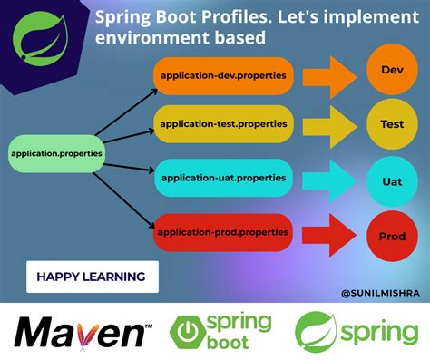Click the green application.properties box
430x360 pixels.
56,154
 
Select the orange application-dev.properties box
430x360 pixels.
222,76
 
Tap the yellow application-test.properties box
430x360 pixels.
222,123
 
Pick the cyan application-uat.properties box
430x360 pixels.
222,179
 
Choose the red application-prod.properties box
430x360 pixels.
222,232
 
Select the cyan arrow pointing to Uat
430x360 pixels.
327,180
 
